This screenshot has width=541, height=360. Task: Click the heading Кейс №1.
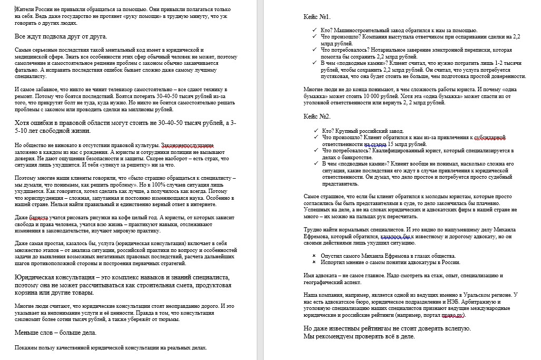tap(317, 17)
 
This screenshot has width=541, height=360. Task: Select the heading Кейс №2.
tap(317, 116)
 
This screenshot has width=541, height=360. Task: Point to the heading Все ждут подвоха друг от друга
tap(61, 36)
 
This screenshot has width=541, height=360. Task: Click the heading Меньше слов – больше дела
tap(55, 333)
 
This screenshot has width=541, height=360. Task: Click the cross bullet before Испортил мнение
tap(314, 262)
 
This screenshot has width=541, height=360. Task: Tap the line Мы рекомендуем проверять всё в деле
tap(360, 336)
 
